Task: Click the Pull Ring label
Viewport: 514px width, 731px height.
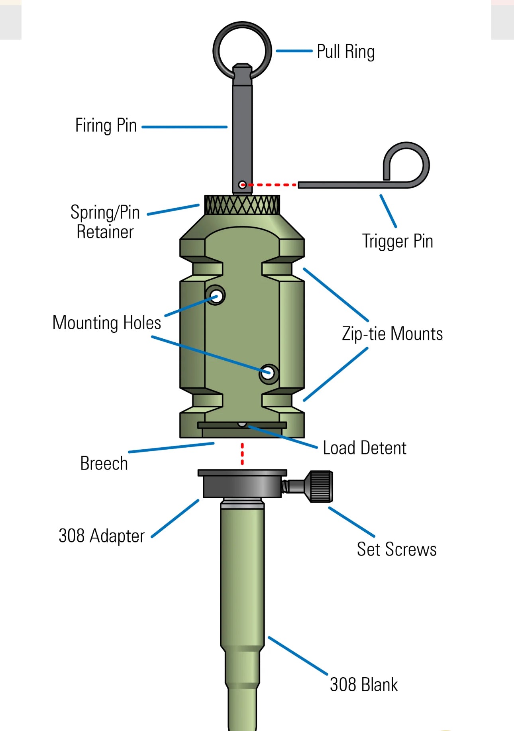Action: (345, 52)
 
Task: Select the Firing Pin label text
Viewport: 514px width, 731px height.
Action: (106, 126)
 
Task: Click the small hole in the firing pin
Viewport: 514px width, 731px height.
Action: (242, 185)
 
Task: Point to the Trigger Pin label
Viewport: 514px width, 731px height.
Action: (397, 241)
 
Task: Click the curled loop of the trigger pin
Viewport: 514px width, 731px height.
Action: (406, 163)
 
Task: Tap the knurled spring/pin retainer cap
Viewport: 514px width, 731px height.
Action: (242, 205)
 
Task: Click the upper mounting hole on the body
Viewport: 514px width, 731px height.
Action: (216, 296)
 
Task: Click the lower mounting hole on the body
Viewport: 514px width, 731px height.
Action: (268, 373)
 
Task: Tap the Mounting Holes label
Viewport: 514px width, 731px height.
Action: (107, 323)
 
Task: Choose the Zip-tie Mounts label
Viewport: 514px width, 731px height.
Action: (392, 334)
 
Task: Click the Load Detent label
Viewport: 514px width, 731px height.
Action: (364, 448)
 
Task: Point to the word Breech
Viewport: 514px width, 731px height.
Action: (104, 464)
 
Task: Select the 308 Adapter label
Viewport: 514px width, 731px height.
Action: (102, 536)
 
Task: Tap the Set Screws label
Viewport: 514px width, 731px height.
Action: (396, 549)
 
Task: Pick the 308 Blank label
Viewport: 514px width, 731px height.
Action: (363, 685)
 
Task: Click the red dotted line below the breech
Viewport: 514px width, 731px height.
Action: (242, 454)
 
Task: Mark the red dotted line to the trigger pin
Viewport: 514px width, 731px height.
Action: (273, 185)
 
